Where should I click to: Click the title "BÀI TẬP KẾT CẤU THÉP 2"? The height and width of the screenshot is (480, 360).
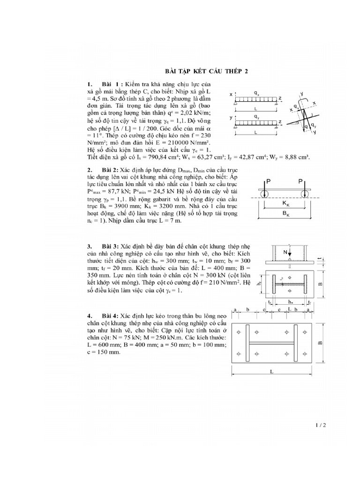[207, 71]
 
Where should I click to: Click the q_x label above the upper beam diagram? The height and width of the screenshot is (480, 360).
[256, 93]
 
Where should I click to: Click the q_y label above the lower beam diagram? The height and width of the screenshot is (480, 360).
[256, 115]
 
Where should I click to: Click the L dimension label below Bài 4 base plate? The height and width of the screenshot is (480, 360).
[272, 370]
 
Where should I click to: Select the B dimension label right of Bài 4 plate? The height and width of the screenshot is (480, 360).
[321, 343]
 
